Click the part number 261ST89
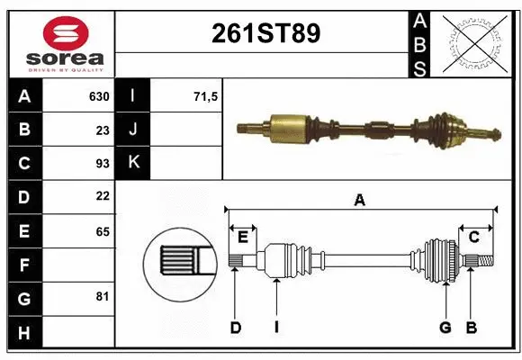(265, 33)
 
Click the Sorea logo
(59, 43)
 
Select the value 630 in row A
(98, 95)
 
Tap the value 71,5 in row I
(206, 95)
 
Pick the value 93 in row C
(101, 163)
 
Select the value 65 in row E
(101, 230)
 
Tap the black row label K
(132, 163)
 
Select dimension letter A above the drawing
(360, 201)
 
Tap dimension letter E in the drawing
(242, 237)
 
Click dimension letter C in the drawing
(473, 237)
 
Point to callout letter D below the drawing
(236, 328)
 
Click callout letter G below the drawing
(445, 328)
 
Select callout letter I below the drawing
(276, 328)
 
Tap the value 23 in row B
(101, 130)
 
